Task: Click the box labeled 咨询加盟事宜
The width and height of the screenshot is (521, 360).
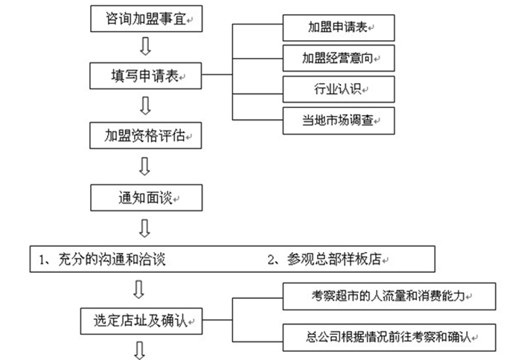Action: click(x=146, y=18)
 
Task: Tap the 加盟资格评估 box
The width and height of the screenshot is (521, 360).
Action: click(x=146, y=136)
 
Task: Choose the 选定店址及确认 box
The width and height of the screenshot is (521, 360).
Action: click(x=141, y=321)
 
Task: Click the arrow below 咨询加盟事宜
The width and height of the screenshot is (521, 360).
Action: click(x=146, y=47)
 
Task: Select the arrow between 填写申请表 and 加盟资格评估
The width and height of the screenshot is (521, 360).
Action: click(x=146, y=106)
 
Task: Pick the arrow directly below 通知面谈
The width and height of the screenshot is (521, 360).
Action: click(x=146, y=228)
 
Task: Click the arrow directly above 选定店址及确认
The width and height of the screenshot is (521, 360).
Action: click(x=139, y=289)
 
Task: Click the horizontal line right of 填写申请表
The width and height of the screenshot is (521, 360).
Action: click(x=217, y=74)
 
